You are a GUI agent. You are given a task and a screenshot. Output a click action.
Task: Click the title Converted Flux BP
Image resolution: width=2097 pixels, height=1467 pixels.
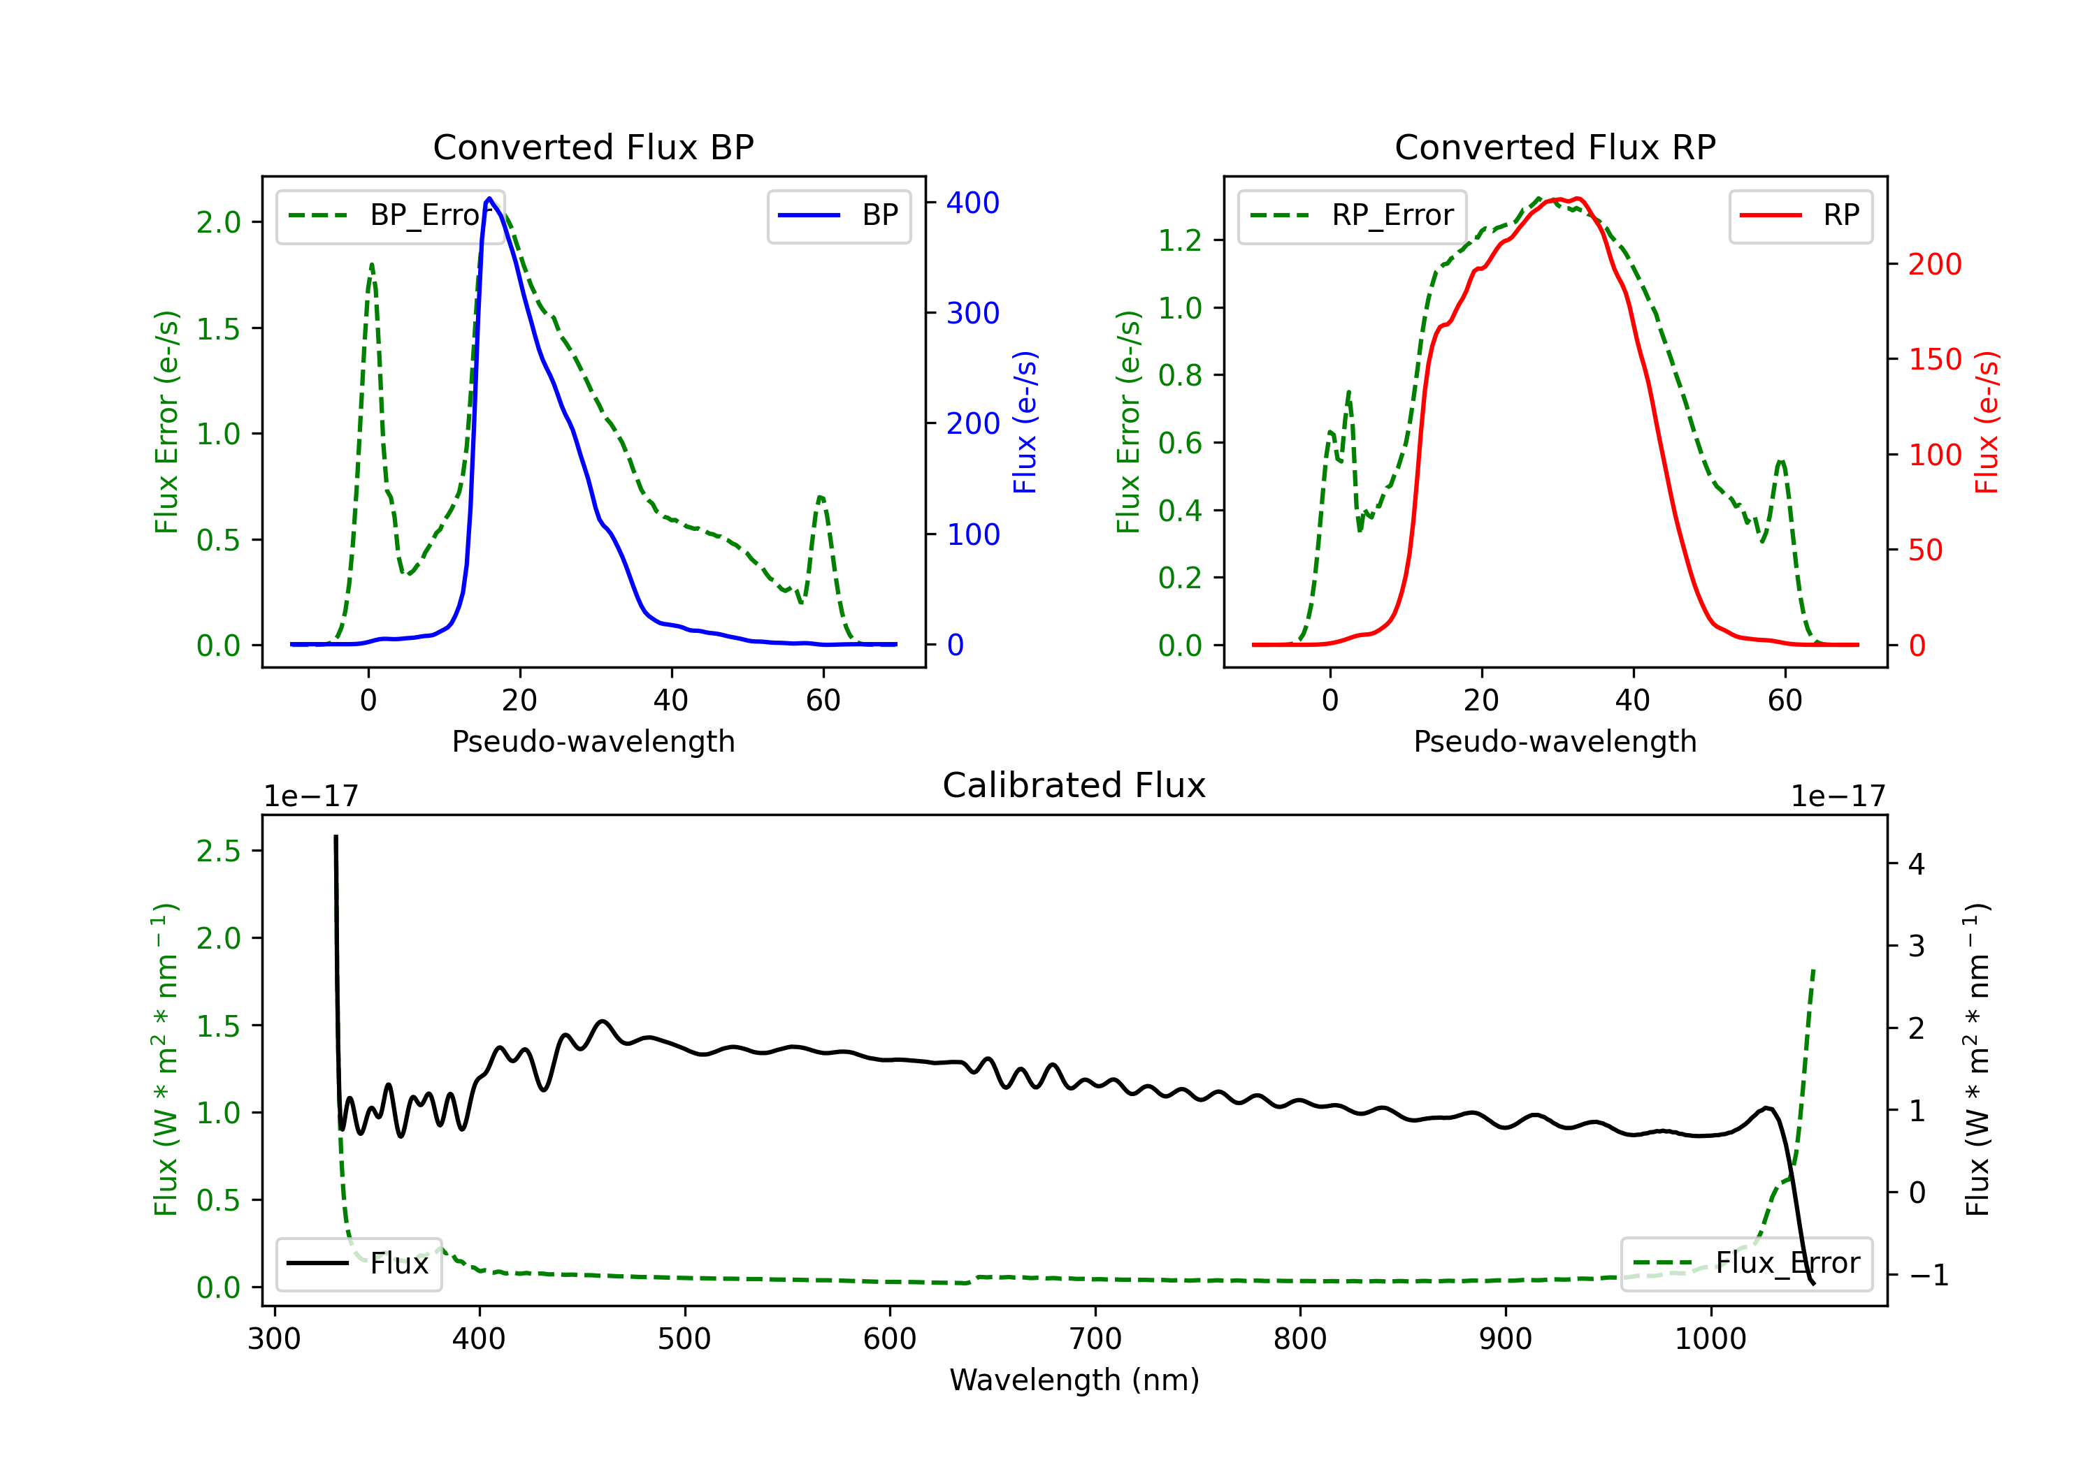click(x=593, y=147)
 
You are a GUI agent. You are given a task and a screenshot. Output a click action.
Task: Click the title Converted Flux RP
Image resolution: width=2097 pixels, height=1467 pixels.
click(x=1555, y=147)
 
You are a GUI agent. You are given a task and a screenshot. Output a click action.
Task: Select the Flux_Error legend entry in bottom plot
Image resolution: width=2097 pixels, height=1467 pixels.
click(x=1745, y=1264)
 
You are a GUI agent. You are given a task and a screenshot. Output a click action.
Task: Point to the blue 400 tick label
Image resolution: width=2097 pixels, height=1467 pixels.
click(x=973, y=203)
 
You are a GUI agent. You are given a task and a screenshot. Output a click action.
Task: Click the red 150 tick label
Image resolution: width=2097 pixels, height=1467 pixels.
click(x=1934, y=360)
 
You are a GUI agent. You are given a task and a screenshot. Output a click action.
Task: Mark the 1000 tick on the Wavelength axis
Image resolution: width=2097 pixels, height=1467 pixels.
click(x=1710, y=1339)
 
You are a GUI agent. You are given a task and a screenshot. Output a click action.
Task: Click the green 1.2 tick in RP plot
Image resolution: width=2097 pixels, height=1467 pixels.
click(x=1179, y=241)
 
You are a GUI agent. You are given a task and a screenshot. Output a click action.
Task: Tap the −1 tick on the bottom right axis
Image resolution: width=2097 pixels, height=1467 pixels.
click(x=1928, y=1276)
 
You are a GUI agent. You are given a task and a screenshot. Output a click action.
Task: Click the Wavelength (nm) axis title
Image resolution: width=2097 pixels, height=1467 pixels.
click(x=1074, y=1380)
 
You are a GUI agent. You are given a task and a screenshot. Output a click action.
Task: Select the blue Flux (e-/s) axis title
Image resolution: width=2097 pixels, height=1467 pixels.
click(x=1025, y=422)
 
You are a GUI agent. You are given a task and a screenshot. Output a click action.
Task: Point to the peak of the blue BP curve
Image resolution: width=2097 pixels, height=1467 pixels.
click(x=489, y=198)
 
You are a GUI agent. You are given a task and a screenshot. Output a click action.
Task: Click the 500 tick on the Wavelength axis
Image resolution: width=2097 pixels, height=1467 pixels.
click(x=684, y=1339)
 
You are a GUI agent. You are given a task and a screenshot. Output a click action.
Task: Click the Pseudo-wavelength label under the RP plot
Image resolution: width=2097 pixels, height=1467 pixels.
click(x=1555, y=741)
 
